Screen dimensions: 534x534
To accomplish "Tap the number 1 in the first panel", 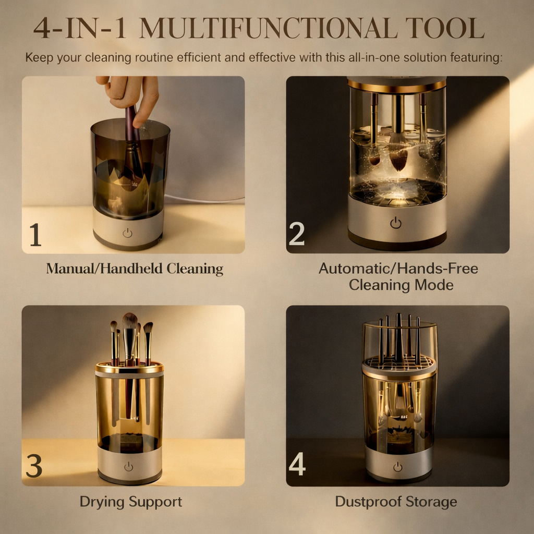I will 35,235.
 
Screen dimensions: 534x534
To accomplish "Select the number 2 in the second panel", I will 296,235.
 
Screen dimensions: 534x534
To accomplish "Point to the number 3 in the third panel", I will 34,467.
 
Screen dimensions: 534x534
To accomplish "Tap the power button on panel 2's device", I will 396,223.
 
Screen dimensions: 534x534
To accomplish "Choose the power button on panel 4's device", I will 398,467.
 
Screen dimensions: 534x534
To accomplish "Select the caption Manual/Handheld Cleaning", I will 135,269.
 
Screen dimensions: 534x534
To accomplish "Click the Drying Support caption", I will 130,502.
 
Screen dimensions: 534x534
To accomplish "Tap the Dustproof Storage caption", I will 396,502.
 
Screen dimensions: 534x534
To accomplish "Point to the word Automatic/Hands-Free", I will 398,269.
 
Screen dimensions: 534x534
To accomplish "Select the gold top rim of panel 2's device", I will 397,84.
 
